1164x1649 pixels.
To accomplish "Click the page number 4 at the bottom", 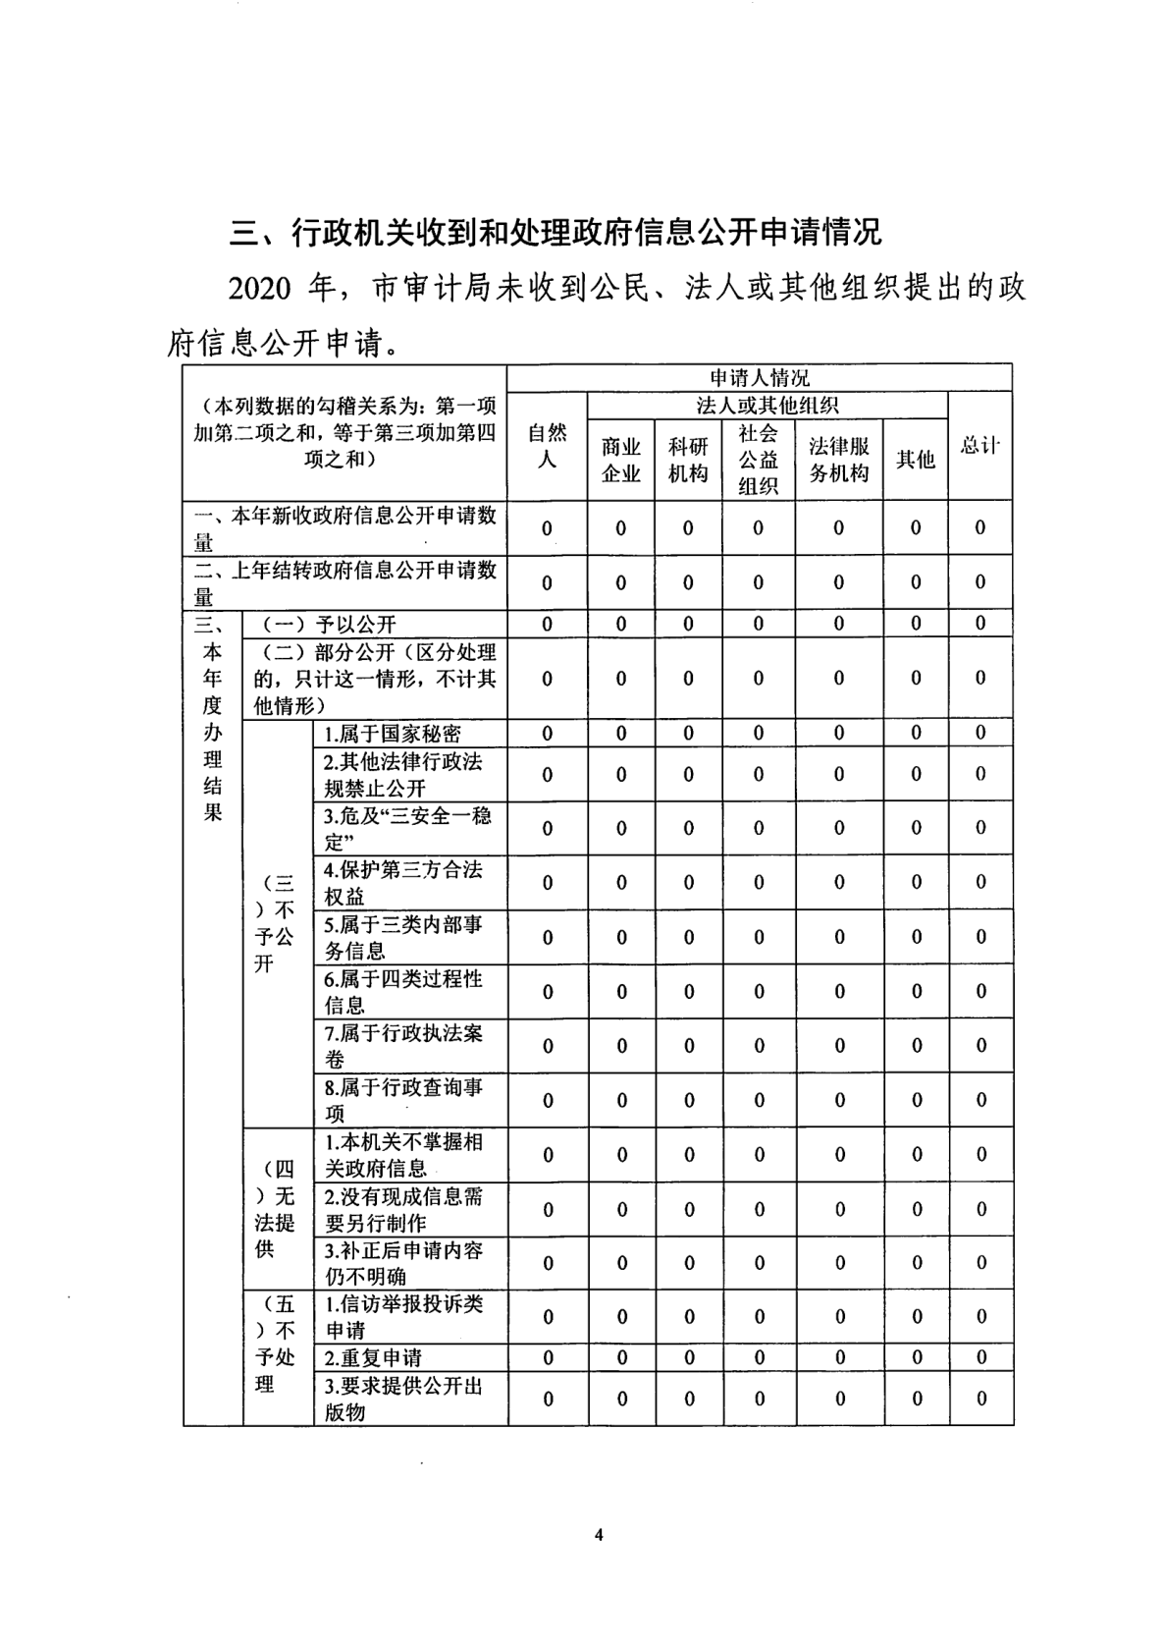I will tap(598, 1535).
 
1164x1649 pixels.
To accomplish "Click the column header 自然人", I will tap(547, 445).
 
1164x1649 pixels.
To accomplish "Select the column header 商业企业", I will tap(620, 460).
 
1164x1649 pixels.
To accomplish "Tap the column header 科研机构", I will tap(687, 460).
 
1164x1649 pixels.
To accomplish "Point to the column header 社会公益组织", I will tap(758, 459).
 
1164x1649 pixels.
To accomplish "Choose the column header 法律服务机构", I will tap(838, 460).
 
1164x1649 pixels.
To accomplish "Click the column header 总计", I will tap(979, 445).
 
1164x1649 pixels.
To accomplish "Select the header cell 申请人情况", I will tap(759, 378).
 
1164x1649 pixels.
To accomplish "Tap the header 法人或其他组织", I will tap(767, 406).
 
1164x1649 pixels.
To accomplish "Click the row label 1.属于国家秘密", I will tap(393, 734).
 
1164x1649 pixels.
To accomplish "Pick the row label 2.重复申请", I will tap(373, 1357).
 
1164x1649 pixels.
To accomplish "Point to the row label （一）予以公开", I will tap(328, 625).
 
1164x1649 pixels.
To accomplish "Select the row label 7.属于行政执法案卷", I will tap(403, 1046).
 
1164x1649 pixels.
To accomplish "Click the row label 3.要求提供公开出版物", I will tap(403, 1399).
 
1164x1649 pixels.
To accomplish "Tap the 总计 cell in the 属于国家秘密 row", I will tap(980, 733).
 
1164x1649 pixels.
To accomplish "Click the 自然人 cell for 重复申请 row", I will tap(548, 1357).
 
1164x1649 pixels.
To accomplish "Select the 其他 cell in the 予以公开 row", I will tap(916, 624).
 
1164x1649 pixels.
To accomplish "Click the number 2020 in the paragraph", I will tap(261, 290).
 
